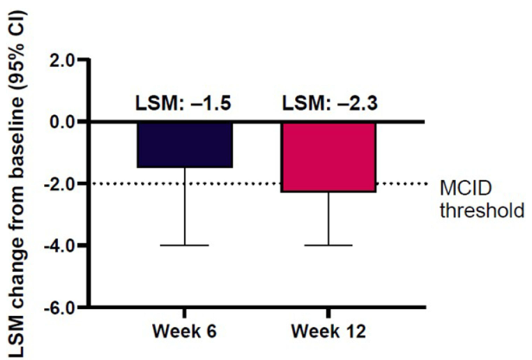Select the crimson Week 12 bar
point(329,156)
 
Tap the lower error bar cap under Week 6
point(184,246)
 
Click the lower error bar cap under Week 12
point(329,246)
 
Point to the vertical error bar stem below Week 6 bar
point(184,208)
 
